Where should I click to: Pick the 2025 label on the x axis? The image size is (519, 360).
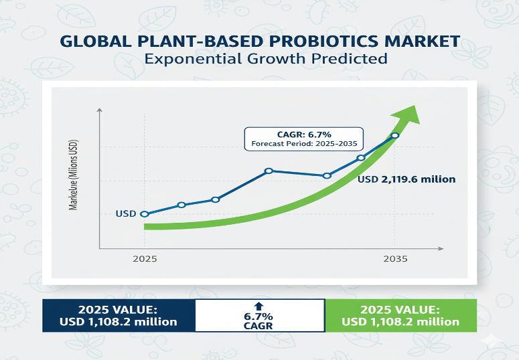point(145,258)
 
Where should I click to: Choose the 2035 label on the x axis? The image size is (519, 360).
point(394,258)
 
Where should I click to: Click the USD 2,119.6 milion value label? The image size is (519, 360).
point(406,179)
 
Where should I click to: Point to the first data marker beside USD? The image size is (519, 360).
point(145,214)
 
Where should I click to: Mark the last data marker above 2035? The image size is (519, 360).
point(395,136)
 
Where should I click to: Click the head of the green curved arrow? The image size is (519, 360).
point(410,114)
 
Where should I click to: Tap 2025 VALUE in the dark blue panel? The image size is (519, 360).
point(118,309)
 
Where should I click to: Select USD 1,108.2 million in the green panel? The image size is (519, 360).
point(400,322)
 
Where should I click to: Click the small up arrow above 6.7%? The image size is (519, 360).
point(260,305)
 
